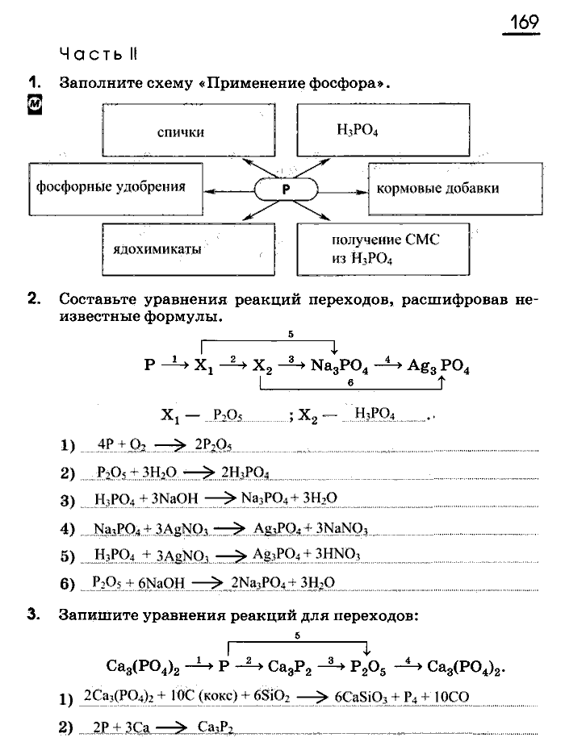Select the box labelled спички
pyautogui.click(x=180, y=131)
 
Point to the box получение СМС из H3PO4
pyautogui.click(x=383, y=249)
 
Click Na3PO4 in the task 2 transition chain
pyautogui.click(x=339, y=365)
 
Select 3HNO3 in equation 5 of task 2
pyautogui.click(x=335, y=554)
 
